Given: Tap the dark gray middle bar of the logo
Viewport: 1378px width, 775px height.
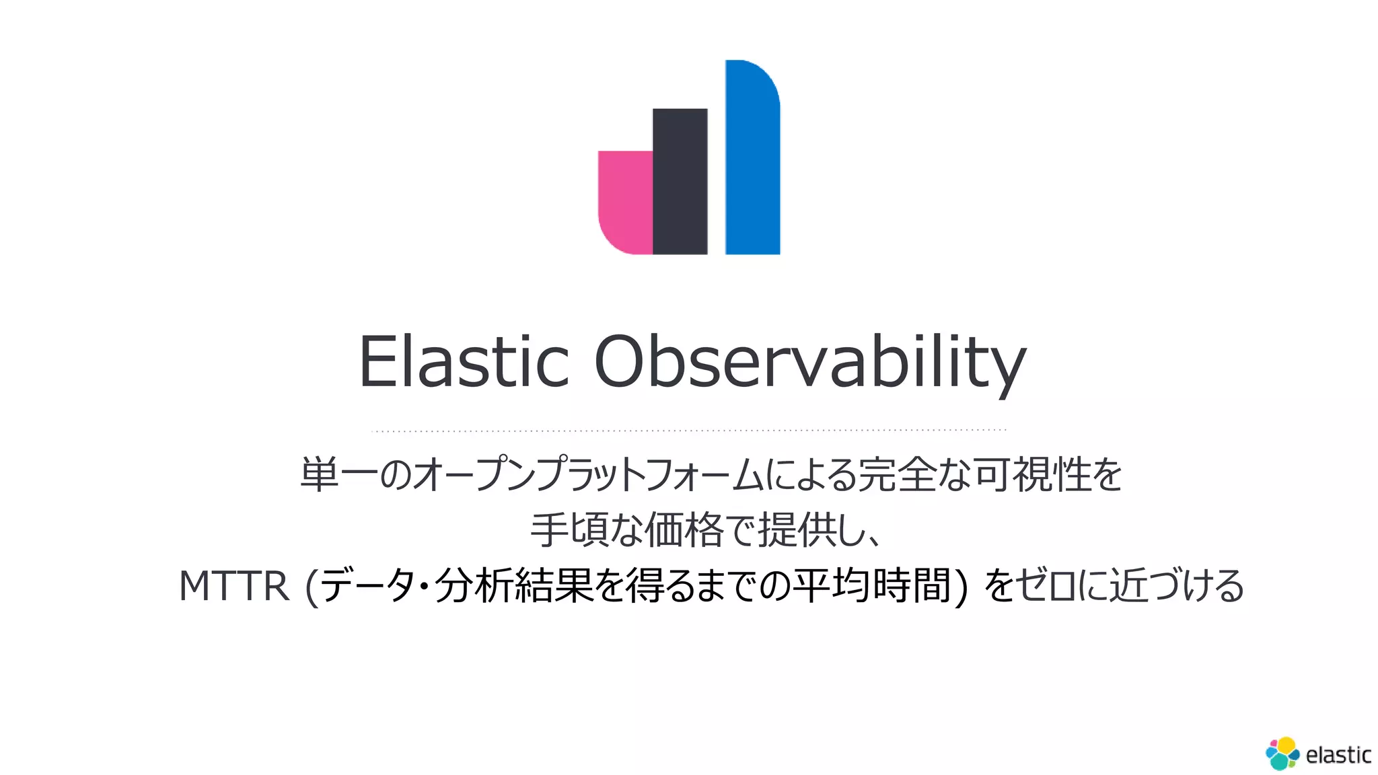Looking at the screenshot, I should coord(680,181).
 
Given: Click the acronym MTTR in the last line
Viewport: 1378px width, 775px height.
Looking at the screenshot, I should coord(233,585).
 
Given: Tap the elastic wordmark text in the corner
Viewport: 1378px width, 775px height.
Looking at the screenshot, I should coord(1338,755).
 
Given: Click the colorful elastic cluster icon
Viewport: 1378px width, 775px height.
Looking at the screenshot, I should coord(1282,753).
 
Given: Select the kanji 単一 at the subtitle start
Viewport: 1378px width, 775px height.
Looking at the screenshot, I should coord(339,474).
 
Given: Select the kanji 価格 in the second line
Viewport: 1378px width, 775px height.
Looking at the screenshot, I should coord(684,530).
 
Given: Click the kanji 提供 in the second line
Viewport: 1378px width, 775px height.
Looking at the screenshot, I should coord(797,530).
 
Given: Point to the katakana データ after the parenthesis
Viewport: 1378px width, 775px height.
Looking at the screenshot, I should coord(367,585).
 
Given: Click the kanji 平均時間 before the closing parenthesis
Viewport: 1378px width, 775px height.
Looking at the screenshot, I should coord(871,585).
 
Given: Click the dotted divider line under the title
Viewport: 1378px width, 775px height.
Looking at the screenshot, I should coord(689,430).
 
